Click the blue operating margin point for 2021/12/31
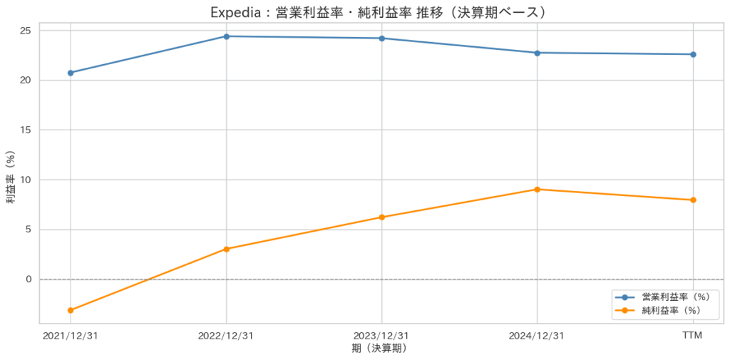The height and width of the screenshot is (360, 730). tap(71, 73)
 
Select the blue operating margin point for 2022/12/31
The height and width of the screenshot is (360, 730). tap(226, 36)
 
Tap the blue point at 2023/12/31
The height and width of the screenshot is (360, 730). tap(381, 38)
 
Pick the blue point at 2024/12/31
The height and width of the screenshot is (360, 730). tap(537, 53)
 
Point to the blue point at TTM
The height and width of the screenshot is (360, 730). tap(692, 54)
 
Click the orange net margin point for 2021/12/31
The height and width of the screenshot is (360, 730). tap(71, 310)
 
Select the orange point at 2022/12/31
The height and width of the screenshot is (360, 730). tap(226, 249)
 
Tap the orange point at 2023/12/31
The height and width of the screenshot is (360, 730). tap(381, 217)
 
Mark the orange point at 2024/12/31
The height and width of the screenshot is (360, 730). tap(537, 190)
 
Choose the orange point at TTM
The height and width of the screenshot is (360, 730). tap(692, 200)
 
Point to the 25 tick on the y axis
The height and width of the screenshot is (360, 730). tap(26, 30)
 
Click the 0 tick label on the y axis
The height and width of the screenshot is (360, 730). tap(29, 279)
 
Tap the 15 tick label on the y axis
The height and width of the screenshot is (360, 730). tap(26, 130)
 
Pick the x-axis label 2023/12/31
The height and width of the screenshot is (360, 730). tap(381, 335)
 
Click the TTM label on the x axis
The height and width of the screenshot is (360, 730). tap(692, 335)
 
